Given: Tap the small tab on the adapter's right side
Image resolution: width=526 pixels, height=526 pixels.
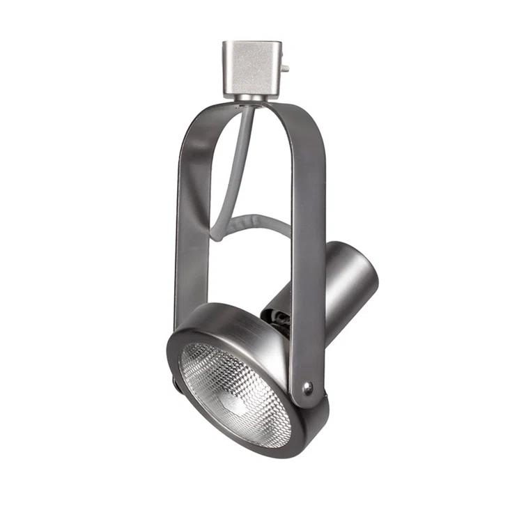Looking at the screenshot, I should click(286, 68).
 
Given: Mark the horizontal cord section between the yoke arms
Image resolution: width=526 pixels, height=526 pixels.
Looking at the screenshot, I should click(258, 224).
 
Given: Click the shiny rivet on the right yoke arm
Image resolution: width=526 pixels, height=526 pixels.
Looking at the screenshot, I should click(307, 387).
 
